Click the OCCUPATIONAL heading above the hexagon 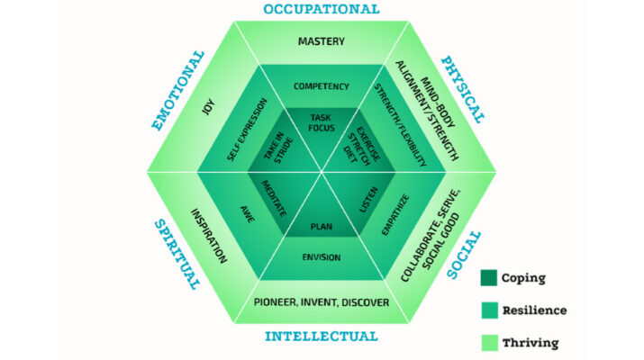click(322, 10)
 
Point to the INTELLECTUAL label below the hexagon click(321, 337)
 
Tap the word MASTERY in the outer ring click(322, 40)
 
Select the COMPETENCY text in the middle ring click(322, 86)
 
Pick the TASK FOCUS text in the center click(322, 123)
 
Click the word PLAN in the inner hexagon click(322, 226)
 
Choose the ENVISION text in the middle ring click(322, 258)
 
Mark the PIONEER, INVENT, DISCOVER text click(322, 301)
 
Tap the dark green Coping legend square click(490, 277)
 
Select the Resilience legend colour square click(490, 310)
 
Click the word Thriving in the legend click(542, 342)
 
